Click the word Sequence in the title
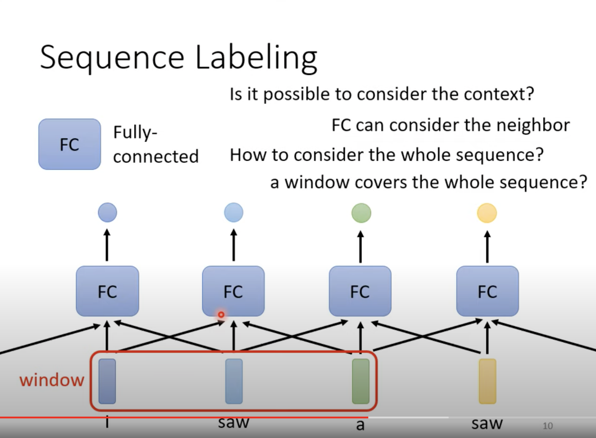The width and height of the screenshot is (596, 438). [x=112, y=58]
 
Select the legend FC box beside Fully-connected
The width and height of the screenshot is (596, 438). [x=69, y=144]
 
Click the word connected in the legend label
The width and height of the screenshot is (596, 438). [x=156, y=157]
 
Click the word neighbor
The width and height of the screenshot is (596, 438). [x=533, y=125]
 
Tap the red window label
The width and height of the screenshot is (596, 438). [x=52, y=380]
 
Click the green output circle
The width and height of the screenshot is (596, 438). [x=361, y=213]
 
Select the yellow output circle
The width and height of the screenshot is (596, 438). [x=487, y=213]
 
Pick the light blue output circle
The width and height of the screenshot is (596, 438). [x=234, y=212]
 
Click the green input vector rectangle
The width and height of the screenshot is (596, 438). [x=361, y=381]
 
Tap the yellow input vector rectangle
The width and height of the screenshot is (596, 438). [x=487, y=381]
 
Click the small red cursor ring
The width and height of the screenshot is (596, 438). [x=221, y=314]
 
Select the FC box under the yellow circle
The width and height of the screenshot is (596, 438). [x=487, y=291]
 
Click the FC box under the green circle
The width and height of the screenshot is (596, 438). [x=360, y=291]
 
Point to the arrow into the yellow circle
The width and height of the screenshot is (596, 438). [x=487, y=247]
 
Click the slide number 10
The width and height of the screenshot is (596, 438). [x=548, y=426]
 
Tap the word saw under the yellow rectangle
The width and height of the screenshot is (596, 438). [x=487, y=423]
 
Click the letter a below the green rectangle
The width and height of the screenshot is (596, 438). [x=360, y=425]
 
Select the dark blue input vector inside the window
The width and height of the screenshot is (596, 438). [x=107, y=381]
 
